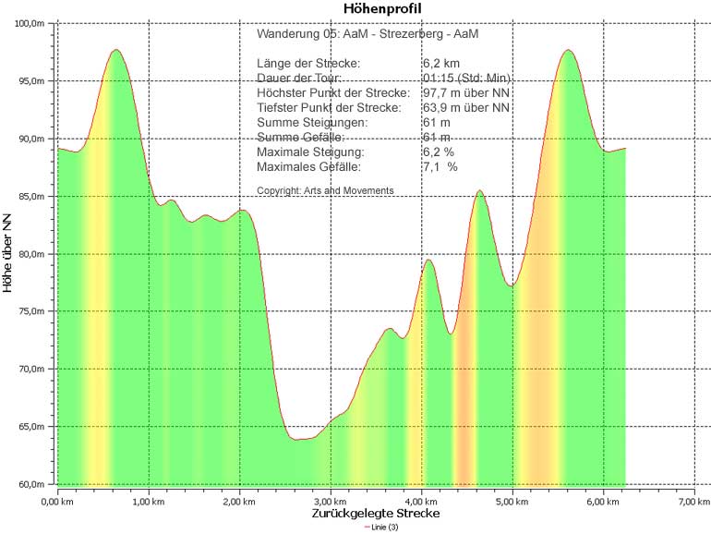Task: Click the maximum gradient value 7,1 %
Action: pos(440,166)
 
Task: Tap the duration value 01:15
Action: pos(438,78)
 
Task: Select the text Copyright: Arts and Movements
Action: pos(325,190)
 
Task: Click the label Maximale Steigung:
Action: pos(309,152)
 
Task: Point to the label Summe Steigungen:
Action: pos(312,122)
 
